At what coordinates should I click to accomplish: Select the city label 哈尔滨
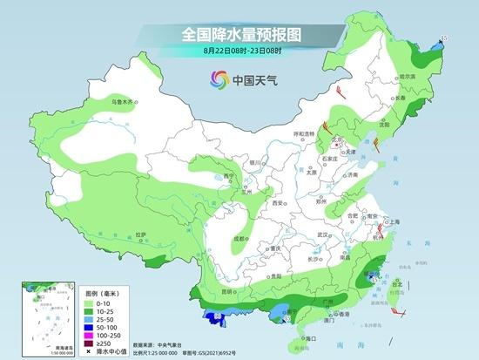point(406,77)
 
